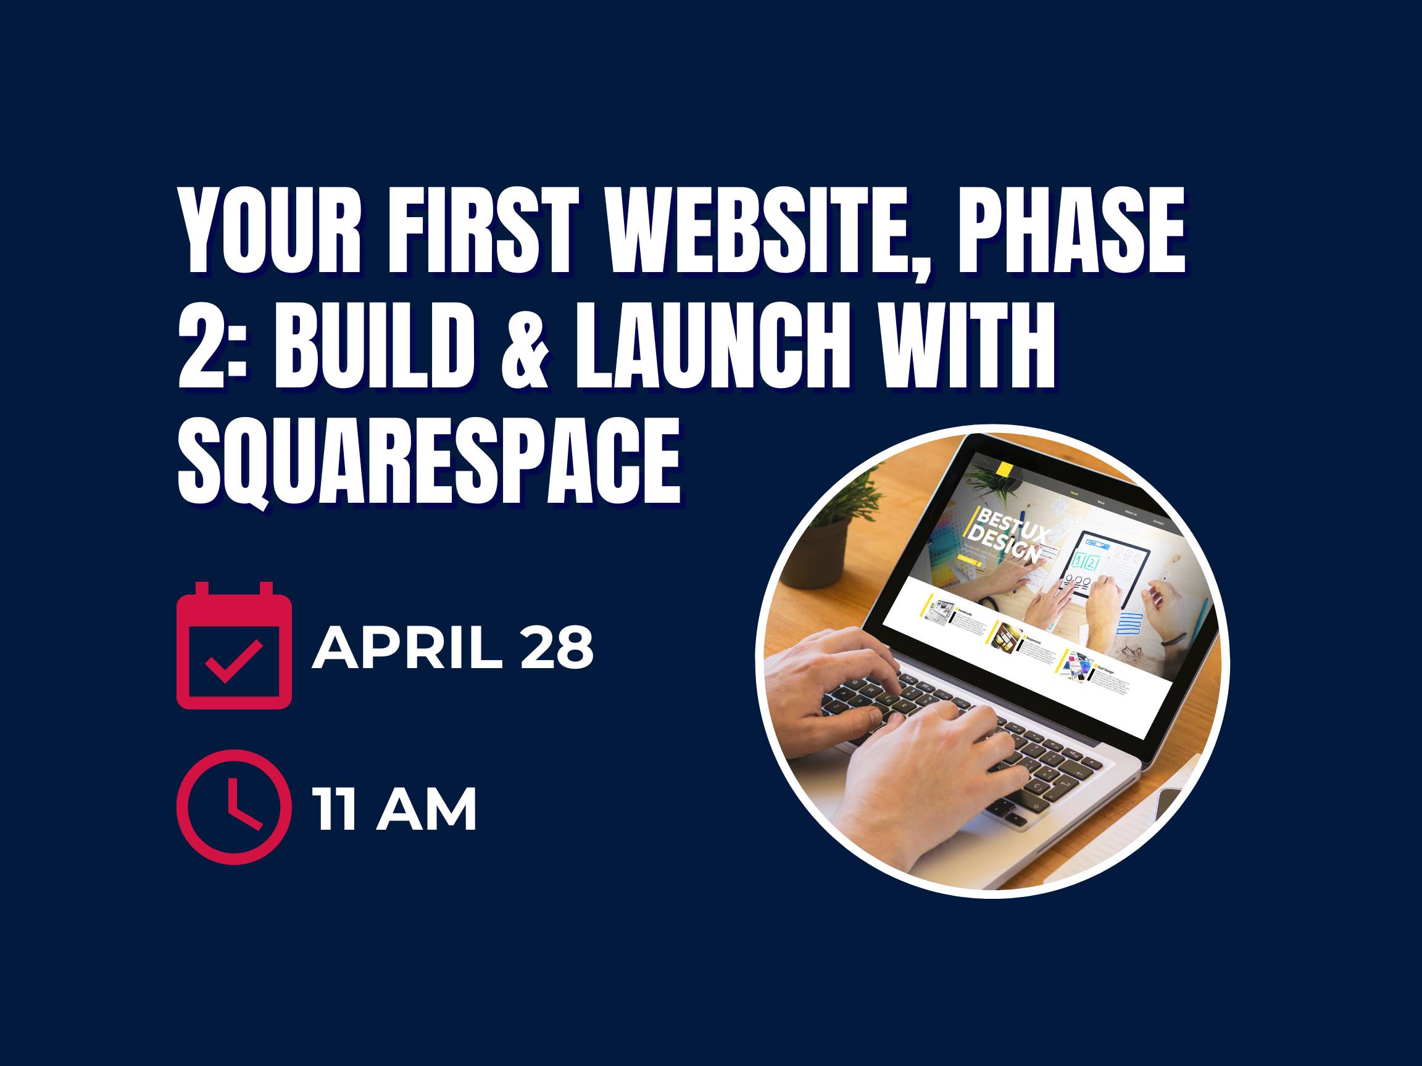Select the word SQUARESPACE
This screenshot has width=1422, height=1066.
[429, 461]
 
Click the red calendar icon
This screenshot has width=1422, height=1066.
[234, 646]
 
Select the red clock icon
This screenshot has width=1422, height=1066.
[230, 806]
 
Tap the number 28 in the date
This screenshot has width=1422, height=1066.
[557, 649]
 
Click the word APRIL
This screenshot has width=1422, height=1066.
[407, 649]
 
